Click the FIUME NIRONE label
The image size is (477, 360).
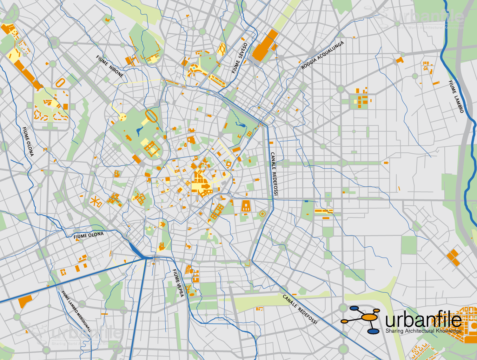click(x=109, y=66)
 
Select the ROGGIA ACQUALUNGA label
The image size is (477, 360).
click(x=322, y=55)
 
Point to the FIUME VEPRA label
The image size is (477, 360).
click(x=178, y=283)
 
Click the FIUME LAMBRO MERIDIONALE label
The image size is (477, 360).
click(x=76, y=311)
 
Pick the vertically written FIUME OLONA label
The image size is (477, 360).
click(x=28, y=142)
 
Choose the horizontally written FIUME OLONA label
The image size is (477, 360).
click(x=89, y=235)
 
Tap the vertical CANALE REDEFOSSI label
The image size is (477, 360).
click(x=274, y=174)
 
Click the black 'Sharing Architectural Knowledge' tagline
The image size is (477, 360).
click(x=423, y=331)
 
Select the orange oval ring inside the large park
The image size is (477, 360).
click(x=151, y=116)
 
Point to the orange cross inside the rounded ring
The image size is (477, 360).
click(x=262, y=214)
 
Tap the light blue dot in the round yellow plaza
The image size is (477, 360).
click(x=194, y=68)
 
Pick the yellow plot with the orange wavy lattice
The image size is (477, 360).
click(x=222, y=49)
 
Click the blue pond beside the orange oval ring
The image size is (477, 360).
click(x=139, y=131)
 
